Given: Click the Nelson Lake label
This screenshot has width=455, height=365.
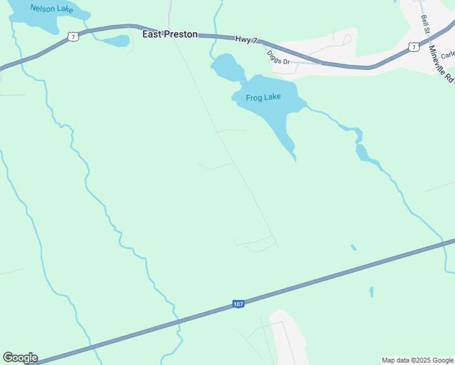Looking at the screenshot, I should (x=51, y=10).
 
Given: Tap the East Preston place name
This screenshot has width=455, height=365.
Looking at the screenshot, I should (x=170, y=35).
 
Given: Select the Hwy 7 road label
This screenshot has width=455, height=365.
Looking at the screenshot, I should (x=246, y=40).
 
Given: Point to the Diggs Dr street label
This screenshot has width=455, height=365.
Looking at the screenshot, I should (x=280, y=56).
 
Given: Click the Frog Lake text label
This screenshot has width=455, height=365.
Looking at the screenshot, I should (x=263, y=97).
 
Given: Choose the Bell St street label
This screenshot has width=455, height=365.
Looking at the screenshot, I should (x=426, y=23).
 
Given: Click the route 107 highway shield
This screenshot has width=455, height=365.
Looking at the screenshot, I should (x=238, y=304).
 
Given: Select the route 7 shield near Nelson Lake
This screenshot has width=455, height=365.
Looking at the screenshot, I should (x=73, y=37).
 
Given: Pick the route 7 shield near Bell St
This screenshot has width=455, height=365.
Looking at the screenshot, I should (x=414, y=46).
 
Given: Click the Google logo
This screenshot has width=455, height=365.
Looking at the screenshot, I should (x=20, y=358).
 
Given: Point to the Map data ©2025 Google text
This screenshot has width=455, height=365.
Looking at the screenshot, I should (x=417, y=360).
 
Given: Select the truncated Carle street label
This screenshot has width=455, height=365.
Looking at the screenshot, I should (x=448, y=55).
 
